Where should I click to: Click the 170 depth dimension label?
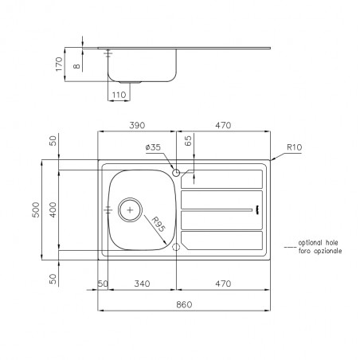tap(59, 64)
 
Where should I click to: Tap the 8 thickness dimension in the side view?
tap(76, 65)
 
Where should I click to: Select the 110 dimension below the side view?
tap(119, 95)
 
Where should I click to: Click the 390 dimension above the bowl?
tap(137, 125)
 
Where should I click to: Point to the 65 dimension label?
tap(188, 141)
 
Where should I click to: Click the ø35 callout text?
tap(153, 147)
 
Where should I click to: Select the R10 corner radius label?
tap(295, 147)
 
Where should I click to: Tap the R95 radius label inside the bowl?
tap(158, 225)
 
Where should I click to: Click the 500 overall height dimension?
tap(36, 209)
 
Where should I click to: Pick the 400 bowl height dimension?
tap(53, 209)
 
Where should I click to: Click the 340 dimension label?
tap(142, 284)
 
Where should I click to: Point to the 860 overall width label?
tap(184, 304)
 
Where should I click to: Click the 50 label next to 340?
tap(103, 284)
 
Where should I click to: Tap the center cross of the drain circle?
tap(130, 210)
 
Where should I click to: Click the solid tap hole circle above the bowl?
tap(176, 173)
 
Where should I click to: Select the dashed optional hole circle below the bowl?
tap(176, 247)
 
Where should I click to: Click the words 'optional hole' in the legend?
tap(318, 243)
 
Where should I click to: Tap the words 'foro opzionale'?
tap(320, 251)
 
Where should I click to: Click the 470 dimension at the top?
tap(223, 125)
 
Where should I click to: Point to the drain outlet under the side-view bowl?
tap(130, 82)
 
